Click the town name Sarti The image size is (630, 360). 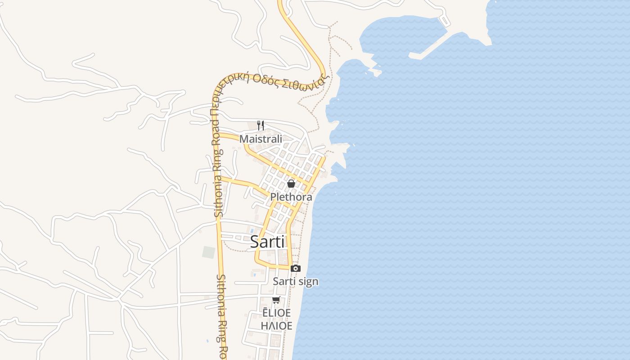coord(267,242)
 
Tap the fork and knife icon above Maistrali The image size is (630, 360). coord(261,125)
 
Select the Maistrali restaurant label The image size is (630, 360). coord(261,139)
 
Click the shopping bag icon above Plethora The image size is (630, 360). coord(291,184)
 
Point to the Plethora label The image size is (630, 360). coord(291,197)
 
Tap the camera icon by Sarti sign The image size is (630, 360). coord(295,269)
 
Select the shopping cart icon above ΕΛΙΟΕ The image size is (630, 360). coord(276,300)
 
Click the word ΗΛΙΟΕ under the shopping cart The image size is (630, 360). coord(277,325)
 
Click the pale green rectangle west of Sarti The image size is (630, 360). coord(208,252)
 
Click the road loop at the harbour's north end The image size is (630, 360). coord(445,20)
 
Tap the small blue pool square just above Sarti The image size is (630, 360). coord(252,231)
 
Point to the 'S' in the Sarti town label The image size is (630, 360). coord(254,242)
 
